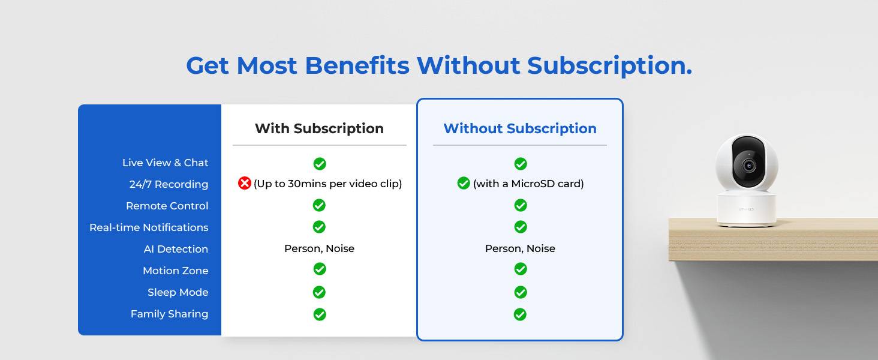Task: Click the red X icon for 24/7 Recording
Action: [x=244, y=183]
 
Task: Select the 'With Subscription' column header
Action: [x=319, y=128]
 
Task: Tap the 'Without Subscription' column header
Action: [x=520, y=128]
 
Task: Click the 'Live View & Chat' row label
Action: [x=165, y=163]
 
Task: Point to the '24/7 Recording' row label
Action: [x=169, y=184]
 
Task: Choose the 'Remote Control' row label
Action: [x=167, y=205]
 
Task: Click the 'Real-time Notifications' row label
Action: [x=149, y=227]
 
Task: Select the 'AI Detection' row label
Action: [x=176, y=248]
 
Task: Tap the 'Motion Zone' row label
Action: [x=175, y=270]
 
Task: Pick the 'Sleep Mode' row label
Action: [x=178, y=292]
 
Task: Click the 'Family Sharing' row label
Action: [x=169, y=314]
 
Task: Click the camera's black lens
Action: [x=748, y=166]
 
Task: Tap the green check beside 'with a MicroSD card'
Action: [x=464, y=183]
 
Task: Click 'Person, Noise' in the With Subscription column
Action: [x=319, y=248]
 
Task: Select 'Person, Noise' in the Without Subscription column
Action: [x=520, y=248]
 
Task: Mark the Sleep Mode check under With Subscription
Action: [x=319, y=292]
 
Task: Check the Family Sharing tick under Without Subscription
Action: [x=520, y=314]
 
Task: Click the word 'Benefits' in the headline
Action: [x=357, y=65]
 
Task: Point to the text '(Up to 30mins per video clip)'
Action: [x=327, y=184]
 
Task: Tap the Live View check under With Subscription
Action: [x=320, y=164]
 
